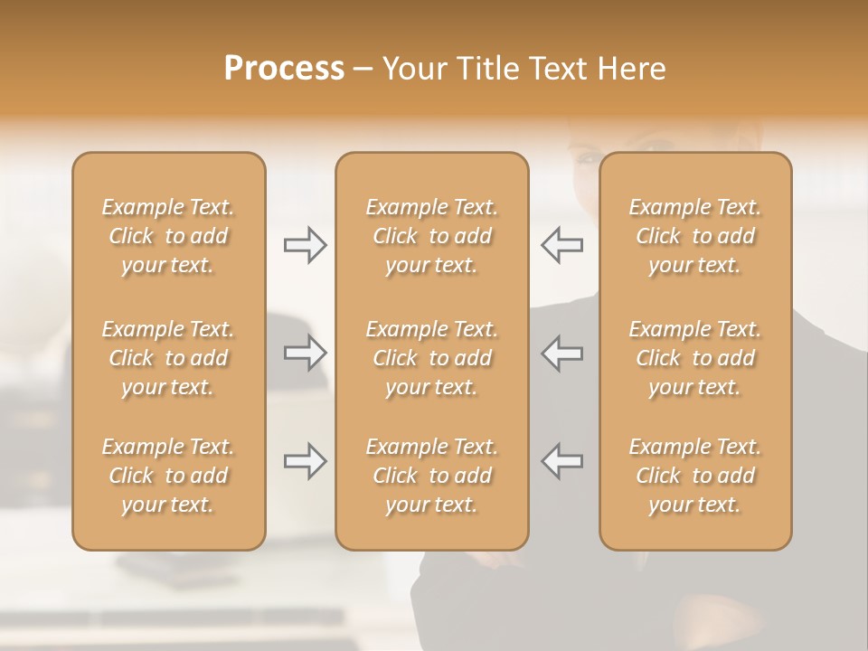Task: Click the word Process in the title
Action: pyautogui.click(x=284, y=69)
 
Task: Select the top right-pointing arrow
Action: pyautogui.click(x=306, y=245)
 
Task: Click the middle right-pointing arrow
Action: pyautogui.click(x=306, y=353)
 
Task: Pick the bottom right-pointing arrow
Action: pyautogui.click(x=306, y=461)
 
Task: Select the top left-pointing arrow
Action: pyautogui.click(x=561, y=245)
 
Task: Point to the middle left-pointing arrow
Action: pyautogui.click(x=561, y=353)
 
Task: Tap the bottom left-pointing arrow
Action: pyautogui.click(x=561, y=461)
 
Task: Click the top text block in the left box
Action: pyautogui.click(x=168, y=236)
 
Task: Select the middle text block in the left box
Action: pyautogui.click(x=168, y=358)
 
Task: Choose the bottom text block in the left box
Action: pyautogui.click(x=168, y=476)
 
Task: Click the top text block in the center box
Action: pyautogui.click(x=432, y=236)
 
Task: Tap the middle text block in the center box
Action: pyautogui.click(x=432, y=358)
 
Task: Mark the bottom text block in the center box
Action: pyautogui.click(x=432, y=476)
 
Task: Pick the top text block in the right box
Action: pyautogui.click(x=695, y=236)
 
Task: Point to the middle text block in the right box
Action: pyautogui.click(x=695, y=358)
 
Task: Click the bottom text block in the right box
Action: pyautogui.click(x=695, y=476)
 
